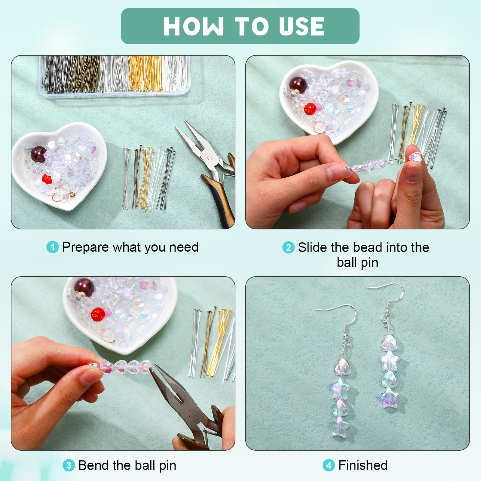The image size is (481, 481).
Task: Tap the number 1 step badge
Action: [x=53, y=247]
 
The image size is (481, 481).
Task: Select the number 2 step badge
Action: [x=288, y=247]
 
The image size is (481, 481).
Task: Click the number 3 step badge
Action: [x=69, y=465]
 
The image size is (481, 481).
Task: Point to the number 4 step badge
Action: [x=329, y=465]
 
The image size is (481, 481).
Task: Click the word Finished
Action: [x=363, y=465]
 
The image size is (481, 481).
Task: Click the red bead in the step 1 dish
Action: [x=47, y=179]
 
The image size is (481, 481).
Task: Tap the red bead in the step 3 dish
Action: [x=98, y=314]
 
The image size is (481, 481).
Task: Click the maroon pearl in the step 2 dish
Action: [x=298, y=85]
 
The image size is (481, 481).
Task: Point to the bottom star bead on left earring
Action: [x=339, y=425]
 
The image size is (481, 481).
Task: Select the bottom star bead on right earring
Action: [x=388, y=397]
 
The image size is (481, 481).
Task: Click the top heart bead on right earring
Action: [x=390, y=343]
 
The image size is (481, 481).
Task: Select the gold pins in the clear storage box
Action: [x=145, y=74]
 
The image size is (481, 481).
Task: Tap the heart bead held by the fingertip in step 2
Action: [x=415, y=157]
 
